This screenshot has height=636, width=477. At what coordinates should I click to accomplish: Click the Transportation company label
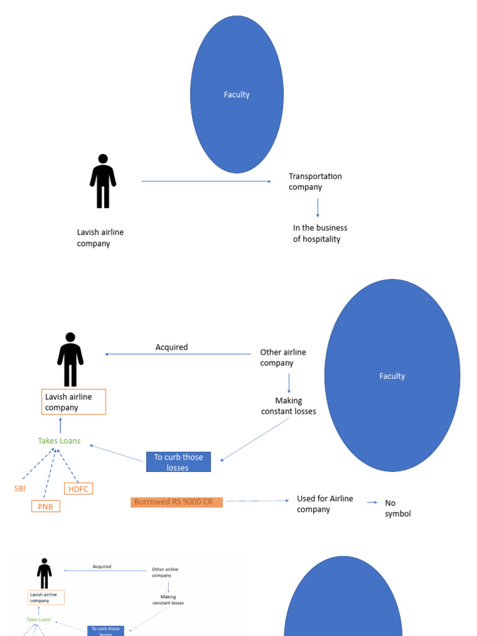(315, 181)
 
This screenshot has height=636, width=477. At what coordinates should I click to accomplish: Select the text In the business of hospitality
(320, 234)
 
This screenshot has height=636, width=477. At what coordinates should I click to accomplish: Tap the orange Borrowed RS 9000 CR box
(176, 502)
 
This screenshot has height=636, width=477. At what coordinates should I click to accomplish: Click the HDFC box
(78, 489)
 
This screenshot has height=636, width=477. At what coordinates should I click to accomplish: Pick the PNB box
(46, 506)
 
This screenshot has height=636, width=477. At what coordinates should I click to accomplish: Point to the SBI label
(20, 489)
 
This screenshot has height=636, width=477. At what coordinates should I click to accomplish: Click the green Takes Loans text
(59, 441)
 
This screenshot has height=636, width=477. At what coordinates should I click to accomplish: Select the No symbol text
(397, 508)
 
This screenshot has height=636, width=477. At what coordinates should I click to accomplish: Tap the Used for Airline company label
(324, 504)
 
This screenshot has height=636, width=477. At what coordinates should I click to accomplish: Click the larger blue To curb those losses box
(178, 462)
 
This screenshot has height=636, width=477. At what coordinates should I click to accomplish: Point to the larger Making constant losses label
(288, 406)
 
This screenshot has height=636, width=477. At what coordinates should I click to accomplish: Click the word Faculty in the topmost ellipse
(237, 94)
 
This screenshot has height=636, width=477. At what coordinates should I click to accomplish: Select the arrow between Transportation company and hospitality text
(318, 207)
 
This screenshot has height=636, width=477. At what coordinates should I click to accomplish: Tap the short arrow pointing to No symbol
(372, 502)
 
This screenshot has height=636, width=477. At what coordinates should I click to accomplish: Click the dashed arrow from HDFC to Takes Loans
(67, 466)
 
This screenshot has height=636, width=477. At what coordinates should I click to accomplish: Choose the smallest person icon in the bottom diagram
(44, 573)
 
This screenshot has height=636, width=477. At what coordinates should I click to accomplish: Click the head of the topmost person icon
(103, 160)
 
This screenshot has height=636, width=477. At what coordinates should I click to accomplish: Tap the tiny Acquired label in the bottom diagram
(102, 566)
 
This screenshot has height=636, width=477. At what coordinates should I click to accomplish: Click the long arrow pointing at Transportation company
(206, 181)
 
